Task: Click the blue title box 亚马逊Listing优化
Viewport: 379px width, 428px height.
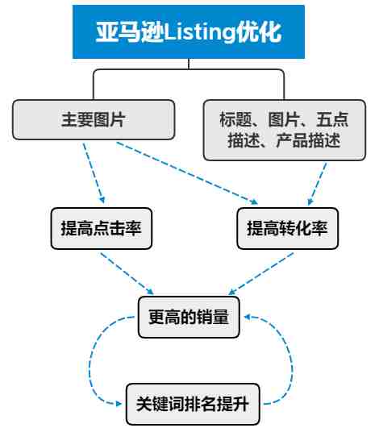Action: point(189,31)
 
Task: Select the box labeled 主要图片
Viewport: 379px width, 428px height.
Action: point(94,119)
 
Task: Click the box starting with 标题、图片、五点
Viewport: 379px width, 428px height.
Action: point(284,130)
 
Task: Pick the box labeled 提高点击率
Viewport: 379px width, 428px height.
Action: point(102,228)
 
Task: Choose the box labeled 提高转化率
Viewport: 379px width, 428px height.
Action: point(288,228)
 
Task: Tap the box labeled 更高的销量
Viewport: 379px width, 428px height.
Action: point(189,317)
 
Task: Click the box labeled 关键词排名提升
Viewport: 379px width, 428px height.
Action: point(193,404)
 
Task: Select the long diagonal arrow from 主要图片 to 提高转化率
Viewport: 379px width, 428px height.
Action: point(187,173)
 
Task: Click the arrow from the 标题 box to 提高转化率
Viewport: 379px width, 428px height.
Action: point(317,184)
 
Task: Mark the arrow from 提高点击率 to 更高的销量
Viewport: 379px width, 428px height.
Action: point(127,273)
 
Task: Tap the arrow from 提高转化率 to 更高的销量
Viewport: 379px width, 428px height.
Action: point(260,273)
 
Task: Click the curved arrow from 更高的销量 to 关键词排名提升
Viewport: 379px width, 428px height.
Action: point(90,363)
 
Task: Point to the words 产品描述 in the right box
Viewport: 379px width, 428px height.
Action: point(308,140)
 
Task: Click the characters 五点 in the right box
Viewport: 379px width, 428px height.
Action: point(332,119)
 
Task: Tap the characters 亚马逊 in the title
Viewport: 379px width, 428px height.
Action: point(130,32)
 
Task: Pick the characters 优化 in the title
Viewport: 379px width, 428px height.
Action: point(258,32)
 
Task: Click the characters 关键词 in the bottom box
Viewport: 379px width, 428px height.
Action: point(160,404)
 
